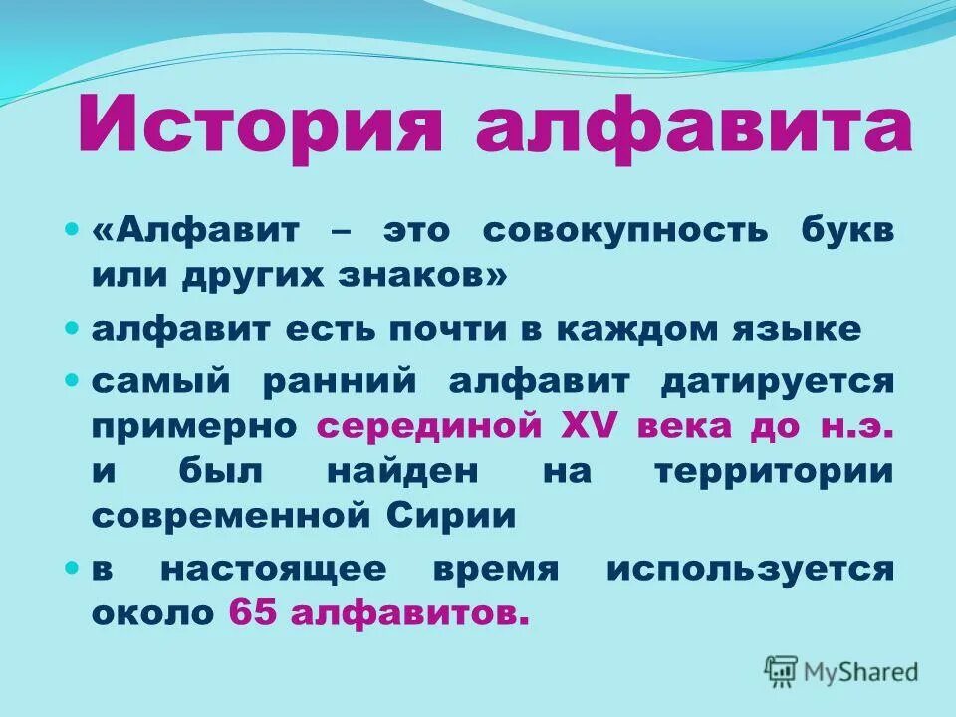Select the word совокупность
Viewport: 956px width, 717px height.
point(625,230)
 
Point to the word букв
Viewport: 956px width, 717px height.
point(845,230)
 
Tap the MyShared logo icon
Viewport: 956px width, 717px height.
point(782,670)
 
